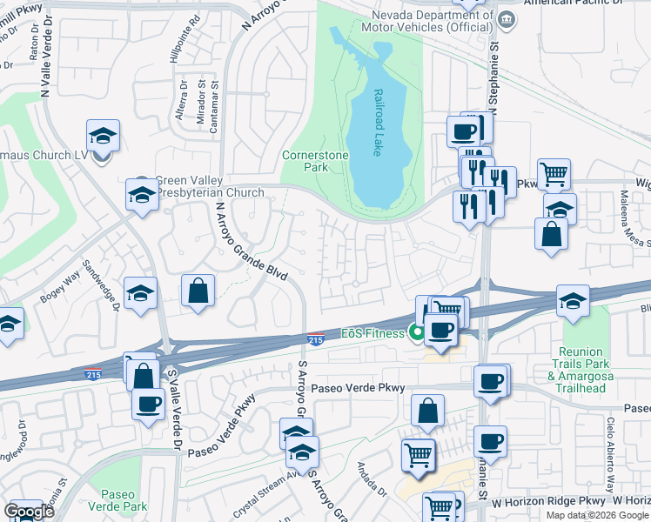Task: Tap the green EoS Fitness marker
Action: (418, 331)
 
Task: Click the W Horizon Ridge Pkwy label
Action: (547, 502)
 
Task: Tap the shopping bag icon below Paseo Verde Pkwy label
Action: (427, 412)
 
